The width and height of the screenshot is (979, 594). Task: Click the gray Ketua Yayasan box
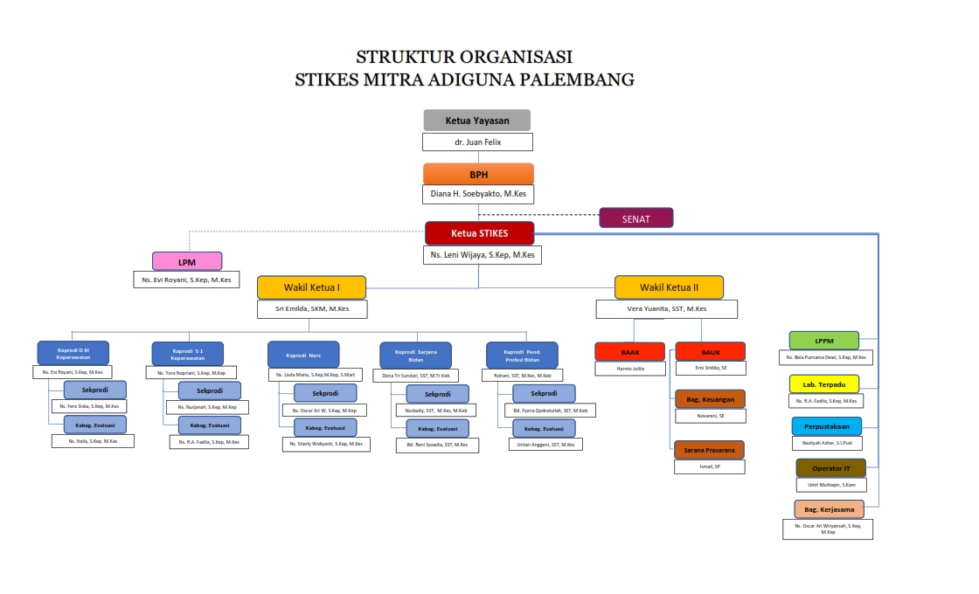[x=477, y=120]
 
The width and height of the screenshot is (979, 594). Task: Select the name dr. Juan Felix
[x=477, y=142]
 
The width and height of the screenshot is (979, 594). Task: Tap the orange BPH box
[x=478, y=174]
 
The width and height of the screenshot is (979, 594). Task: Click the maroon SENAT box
[x=635, y=218]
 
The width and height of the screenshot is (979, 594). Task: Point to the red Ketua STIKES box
[x=479, y=233]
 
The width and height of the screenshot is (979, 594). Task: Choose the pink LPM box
[x=187, y=261]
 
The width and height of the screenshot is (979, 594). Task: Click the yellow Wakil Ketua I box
[x=311, y=287]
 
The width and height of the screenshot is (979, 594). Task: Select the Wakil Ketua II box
[x=669, y=287]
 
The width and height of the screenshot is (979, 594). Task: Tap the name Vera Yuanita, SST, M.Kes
[x=666, y=309]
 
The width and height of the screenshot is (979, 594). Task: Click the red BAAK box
[x=629, y=351]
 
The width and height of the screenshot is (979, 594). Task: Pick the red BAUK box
[x=710, y=351]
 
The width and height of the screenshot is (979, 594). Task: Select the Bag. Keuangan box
[x=710, y=399]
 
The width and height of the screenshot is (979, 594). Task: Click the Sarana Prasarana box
[x=709, y=450]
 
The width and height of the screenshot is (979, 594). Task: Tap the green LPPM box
[x=823, y=341]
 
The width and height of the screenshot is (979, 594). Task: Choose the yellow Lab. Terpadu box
[x=823, y=383]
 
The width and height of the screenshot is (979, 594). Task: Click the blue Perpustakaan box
[x=826, y=426]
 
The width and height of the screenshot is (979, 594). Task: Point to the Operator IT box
[x=830, y=468]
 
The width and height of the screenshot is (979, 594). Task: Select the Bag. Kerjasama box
[x=829, y=509]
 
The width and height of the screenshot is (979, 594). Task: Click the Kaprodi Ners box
[x=302, y=354]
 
